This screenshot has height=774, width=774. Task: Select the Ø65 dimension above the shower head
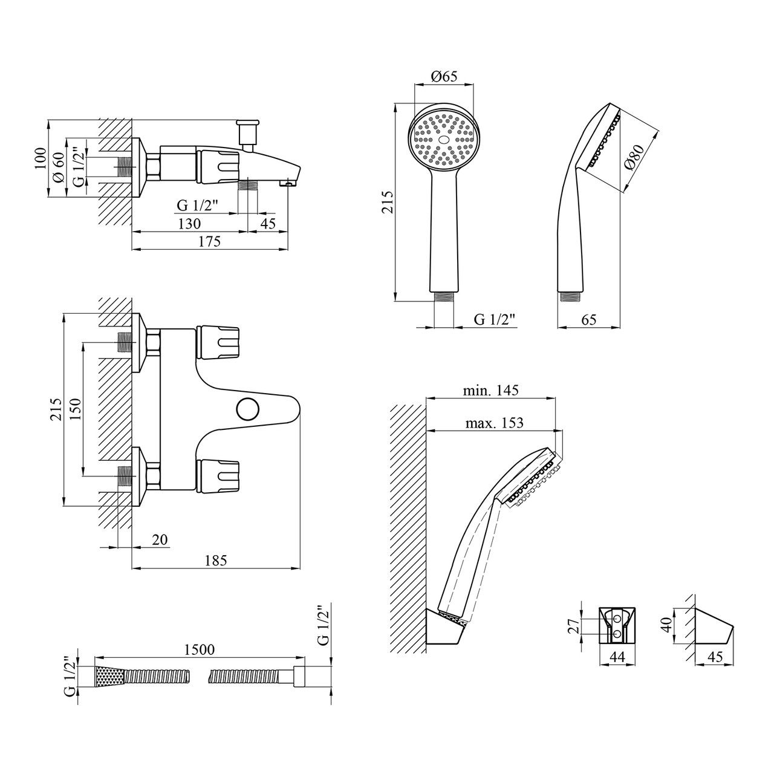[444, 76]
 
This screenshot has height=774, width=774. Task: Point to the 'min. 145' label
[491, 391]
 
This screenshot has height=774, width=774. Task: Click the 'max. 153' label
[494, 423]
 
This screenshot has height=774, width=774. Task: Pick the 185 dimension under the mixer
[215, 561]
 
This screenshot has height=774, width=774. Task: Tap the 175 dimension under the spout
[209, 241]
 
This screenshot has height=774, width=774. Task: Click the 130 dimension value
[189, 223]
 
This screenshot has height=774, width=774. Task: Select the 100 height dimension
[41, 160]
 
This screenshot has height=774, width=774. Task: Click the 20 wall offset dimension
[160, 539]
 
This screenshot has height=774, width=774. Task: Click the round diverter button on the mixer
[247, 409]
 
